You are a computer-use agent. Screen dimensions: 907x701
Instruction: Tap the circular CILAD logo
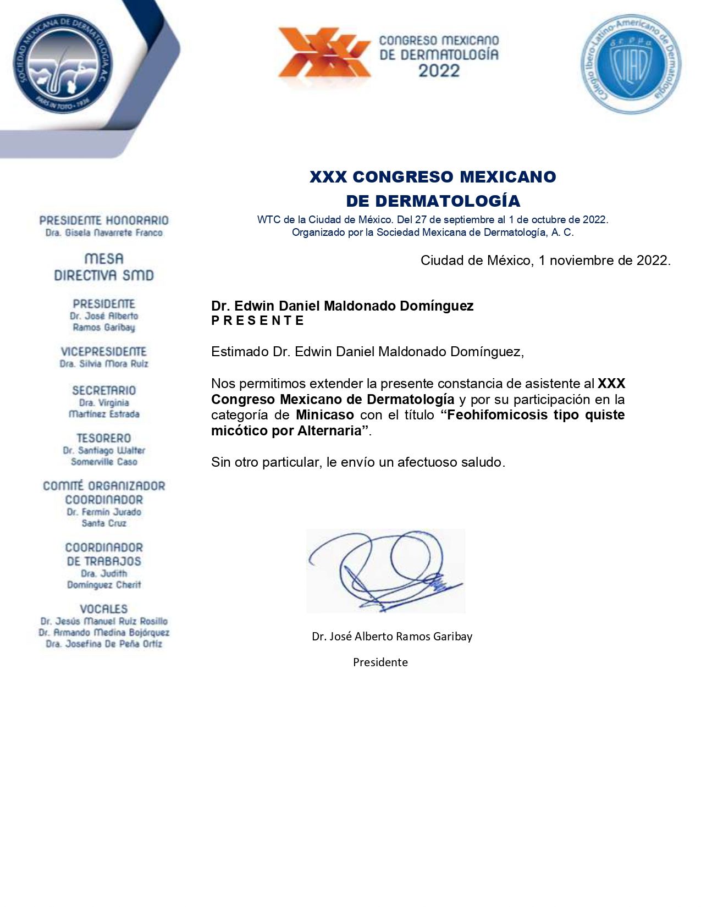tap(631, 64)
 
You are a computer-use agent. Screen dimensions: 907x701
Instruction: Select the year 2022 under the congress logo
tap(438, 71)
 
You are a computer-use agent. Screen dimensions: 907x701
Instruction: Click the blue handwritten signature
tap(385, 571)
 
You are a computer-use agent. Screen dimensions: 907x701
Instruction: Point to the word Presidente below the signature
tap(380, 662)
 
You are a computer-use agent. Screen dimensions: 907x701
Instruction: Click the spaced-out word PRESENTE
tap(257, 321)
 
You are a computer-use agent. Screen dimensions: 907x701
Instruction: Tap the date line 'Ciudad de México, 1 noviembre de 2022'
tap(545, 261)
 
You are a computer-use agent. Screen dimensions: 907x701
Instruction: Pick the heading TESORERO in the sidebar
tap(103, 438)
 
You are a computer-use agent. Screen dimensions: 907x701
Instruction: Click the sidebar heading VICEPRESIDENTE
tap(103, 351)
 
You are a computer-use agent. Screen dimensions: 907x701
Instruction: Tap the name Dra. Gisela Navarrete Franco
tap(104, 233)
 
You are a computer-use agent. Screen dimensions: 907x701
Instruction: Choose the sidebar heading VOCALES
tap(103, 609)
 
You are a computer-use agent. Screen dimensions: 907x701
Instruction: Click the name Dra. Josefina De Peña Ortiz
tap(104, 644)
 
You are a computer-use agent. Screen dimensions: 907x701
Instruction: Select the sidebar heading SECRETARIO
tap(103, 390)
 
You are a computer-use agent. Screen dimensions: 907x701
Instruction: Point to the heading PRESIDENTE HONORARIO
tap(104, 220)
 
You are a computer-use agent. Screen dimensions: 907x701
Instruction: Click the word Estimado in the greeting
tap(240, 352)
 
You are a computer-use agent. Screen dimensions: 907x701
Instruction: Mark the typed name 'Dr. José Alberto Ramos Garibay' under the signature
tap(391, 637)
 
